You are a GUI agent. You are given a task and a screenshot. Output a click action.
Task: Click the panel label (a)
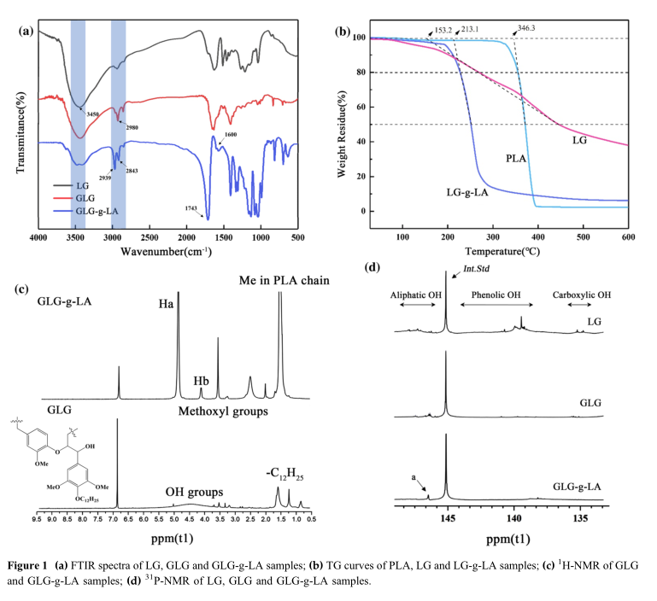(26, 32)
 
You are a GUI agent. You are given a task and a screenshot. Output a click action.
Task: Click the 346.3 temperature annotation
(531, 29)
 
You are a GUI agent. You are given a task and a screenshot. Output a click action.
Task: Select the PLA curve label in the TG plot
(515, 159)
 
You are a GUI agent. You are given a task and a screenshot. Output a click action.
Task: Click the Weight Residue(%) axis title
(342, 128)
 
